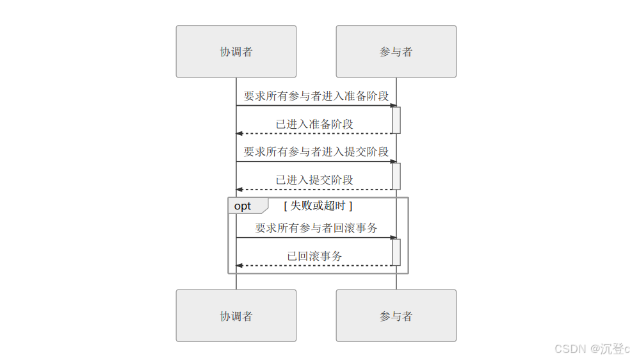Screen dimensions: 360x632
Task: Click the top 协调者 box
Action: pyautogui.click(x=236, y=51)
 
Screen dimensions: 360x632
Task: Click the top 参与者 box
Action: pyautogui.click(x=396, y=51)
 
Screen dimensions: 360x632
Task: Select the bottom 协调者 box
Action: pyautogui.click(x=236, y=315)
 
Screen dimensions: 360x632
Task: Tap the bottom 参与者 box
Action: pyautogui.click(x=396, y=315)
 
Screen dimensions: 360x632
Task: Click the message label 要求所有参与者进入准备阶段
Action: pyautogui.click(x=316, y=96)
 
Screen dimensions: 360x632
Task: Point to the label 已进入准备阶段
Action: pyautogui.click(x=314, y=124)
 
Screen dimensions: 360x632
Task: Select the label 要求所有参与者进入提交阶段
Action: pyautogui.click(x=316, y=152)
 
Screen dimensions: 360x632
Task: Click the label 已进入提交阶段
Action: pyautogui.click(x=314, y=179)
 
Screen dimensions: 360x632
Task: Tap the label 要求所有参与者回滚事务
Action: pyautogui.click(x=316, y=227)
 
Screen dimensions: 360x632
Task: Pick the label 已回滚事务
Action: pyautogui.click(x=314, y=256)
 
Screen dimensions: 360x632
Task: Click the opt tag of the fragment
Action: pyautogui.click(x=243, y=206)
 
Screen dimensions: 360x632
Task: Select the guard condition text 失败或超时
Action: pyautogui.click(x=318, y=206)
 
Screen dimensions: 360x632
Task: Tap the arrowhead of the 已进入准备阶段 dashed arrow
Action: pyautogui.click(x=239, y=133)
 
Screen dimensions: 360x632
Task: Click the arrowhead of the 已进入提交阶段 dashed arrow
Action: pyautogui.click(x=239, y=190)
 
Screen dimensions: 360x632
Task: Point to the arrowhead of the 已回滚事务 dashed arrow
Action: pyautogui.click(x=239, y=265)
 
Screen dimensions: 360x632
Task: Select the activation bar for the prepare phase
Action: pyautogui.click(x=396, y=120)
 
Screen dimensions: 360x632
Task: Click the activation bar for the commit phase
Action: pyautogui.click(x=396, y=176)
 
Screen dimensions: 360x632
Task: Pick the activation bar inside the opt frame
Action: pyautogui.click(x=396, y=252)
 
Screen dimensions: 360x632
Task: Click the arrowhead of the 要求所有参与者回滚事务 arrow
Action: pyautogui.click(x=393, y=238)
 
